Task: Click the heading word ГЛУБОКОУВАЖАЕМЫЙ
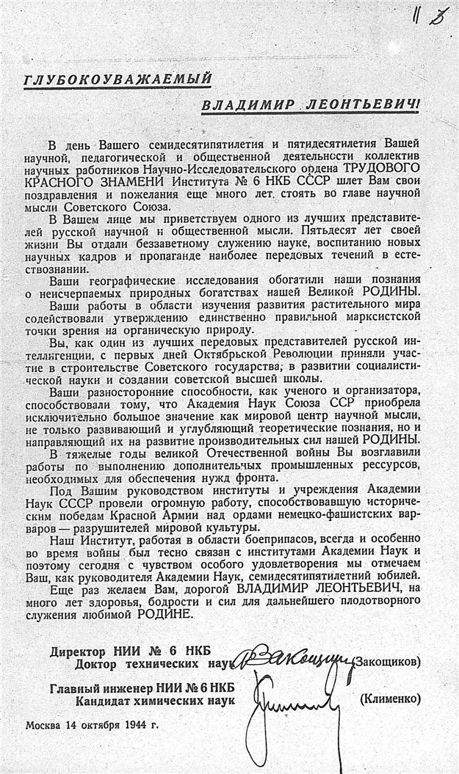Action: [x=118, y=79]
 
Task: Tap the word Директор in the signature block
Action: [x=79, y=651]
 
